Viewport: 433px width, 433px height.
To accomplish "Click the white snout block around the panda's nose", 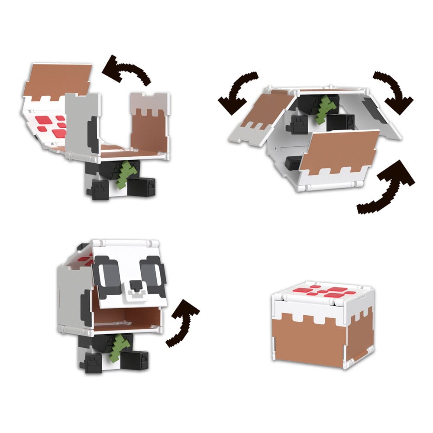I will tap(136, 292).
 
